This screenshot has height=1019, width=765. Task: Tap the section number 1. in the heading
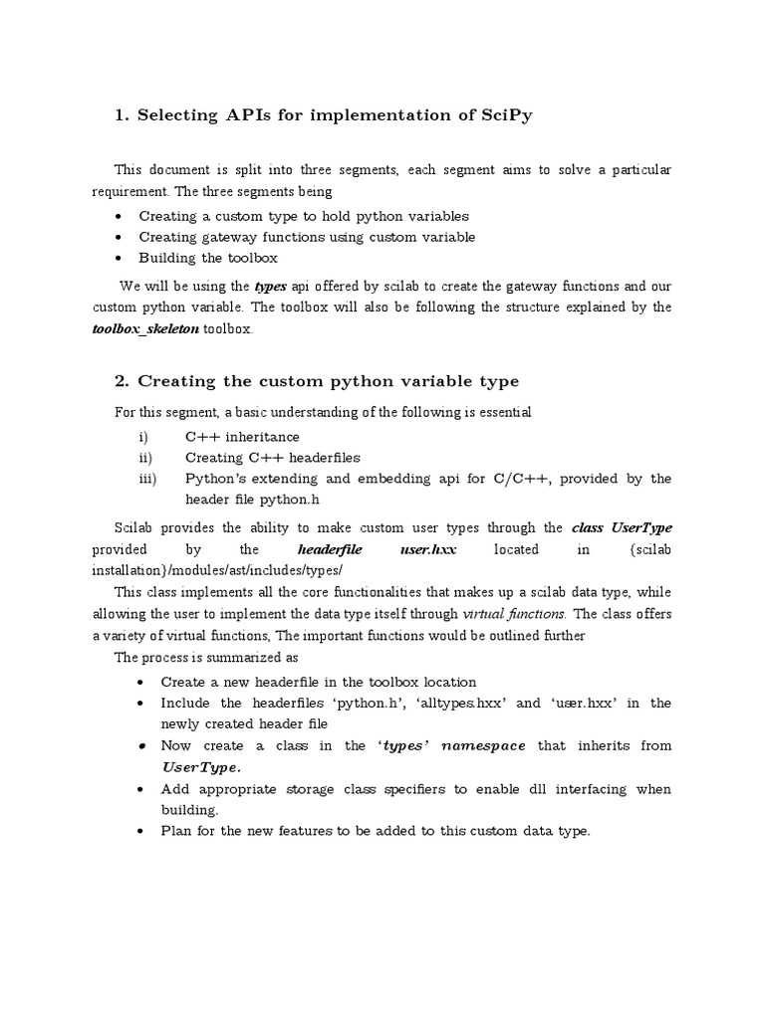pyautogui.click(x=123, y=115)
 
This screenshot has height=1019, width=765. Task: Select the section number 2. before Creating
pyautogui.click(x=123, y=381)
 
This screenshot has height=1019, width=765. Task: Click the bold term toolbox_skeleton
pyautogui.click(x=146, y=328)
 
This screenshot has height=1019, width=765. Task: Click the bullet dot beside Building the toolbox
pyautogui.click(x=121, y=259)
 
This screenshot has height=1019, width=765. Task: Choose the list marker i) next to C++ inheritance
pyautogui.click(x=143, y=437)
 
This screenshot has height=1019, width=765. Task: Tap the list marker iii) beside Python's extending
pyautogui.click(x=145, y=479)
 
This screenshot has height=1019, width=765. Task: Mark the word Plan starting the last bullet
pyautogui.click(x=177, y=832)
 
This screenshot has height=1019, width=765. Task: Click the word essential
pyautogui.click(x=502, y=412)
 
